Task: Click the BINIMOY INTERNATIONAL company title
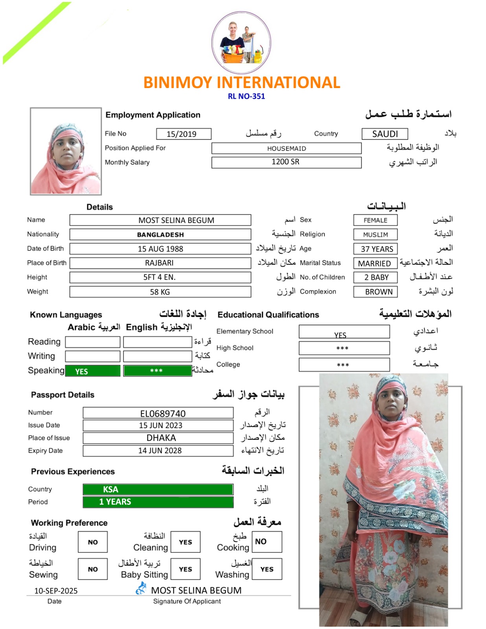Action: [x=241, y=83]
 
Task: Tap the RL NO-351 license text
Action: [x=246, y=96]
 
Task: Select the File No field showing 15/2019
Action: [x=183, y=134]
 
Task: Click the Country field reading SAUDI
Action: [x=385, y=134]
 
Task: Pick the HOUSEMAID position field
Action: [x=286, y=148]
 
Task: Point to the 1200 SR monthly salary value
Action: [x=286, y=162]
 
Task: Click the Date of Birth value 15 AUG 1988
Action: [x=160, y=249]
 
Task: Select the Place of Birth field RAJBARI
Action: [x=160, y=263]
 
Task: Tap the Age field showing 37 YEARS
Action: [x=376, y=249]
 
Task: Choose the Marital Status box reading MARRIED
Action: [x=375, y=263]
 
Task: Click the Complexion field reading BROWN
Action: [x=376, y=292]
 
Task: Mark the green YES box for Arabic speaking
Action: [x=92, y=371]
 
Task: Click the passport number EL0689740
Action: [x=158, y=413]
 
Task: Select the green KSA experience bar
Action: [x=158, y=489]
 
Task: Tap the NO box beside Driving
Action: [x=93, y=542]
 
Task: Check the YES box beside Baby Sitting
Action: [x=186, y=569]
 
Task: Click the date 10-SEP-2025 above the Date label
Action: [x=56, y=590]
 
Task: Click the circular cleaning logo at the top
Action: [x=241, y=42]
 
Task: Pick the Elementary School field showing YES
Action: [x=344, y=332]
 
